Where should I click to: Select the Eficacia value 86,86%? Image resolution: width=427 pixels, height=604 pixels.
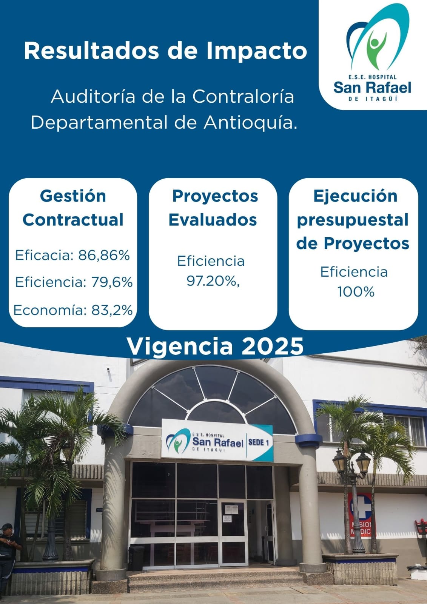[x=104, y=255]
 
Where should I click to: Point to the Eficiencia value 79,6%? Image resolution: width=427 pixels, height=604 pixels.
[x=112, y=282]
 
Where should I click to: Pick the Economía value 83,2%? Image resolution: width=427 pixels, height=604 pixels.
[x=112, y=310]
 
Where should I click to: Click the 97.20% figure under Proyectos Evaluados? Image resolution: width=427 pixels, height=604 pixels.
[x=213, y=282]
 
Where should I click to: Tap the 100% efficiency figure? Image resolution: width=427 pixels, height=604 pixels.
[x=356, y=291]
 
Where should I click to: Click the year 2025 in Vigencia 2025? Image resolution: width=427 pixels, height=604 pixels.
[x=272, y=346]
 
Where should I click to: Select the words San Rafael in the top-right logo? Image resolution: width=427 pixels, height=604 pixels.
[x=372, y=87]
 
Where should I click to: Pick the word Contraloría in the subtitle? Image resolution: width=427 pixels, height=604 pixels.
[x=243, y=96]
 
